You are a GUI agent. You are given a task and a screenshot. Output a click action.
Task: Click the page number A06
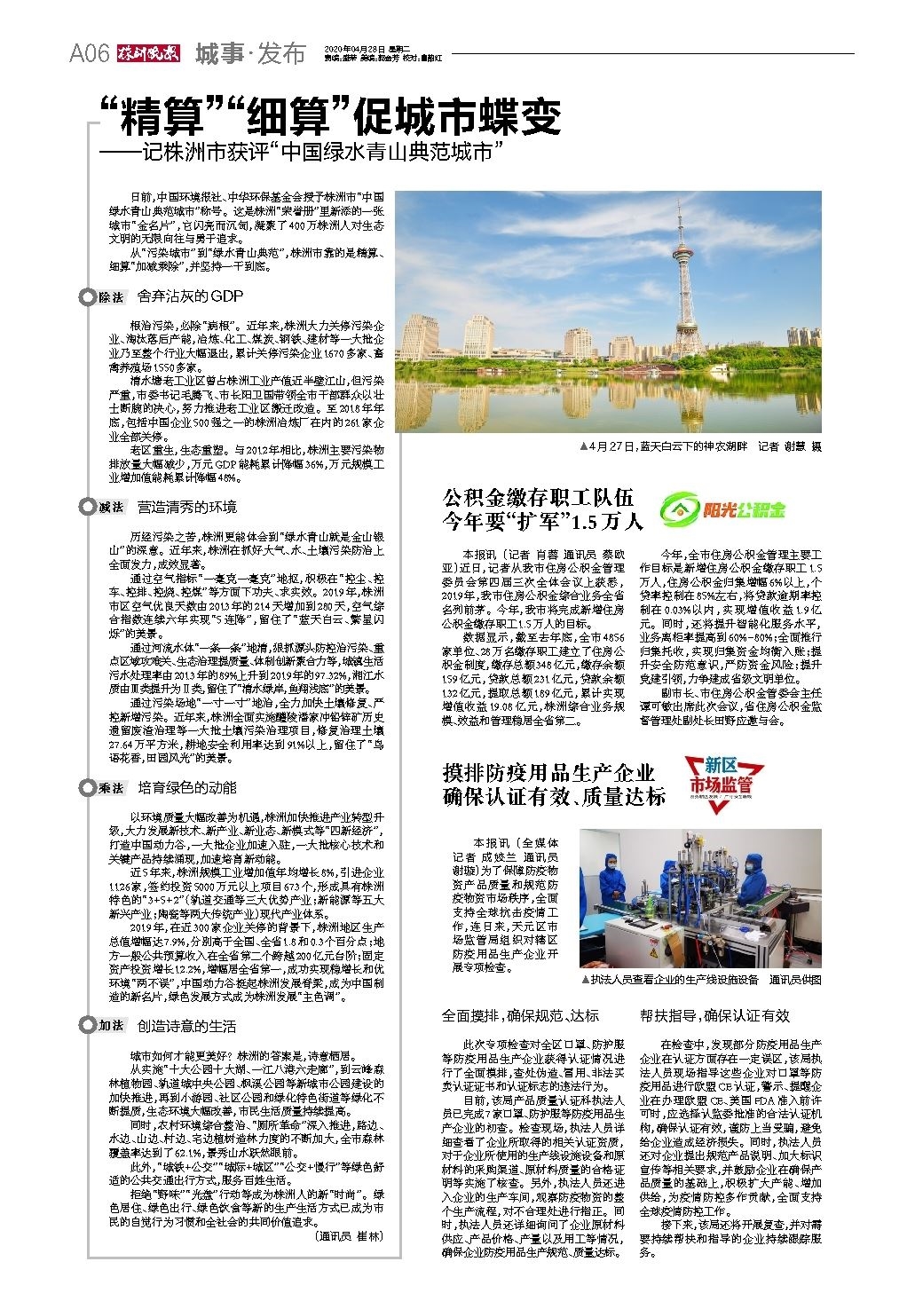90,54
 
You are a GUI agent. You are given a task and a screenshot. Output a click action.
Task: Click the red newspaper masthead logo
147,53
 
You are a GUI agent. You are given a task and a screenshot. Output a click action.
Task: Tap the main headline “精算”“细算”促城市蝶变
329,115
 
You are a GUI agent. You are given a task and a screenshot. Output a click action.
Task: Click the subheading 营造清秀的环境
187,508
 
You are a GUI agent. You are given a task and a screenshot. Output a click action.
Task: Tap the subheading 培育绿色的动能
187,788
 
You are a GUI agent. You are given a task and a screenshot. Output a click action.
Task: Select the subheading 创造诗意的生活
187,1026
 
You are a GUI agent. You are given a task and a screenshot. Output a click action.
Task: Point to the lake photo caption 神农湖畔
700,446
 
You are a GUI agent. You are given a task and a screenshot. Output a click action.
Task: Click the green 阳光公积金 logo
724,509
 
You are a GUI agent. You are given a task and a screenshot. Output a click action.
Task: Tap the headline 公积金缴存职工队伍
540,497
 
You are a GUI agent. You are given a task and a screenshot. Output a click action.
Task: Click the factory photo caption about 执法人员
699,980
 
